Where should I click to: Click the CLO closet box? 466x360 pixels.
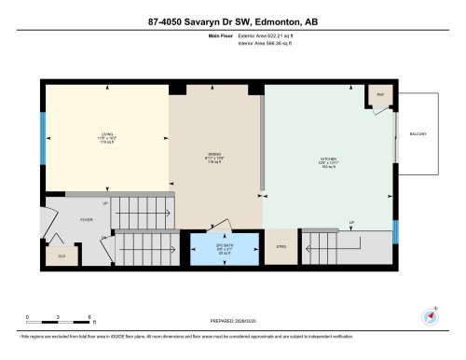tap(62, 253)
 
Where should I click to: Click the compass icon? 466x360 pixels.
tap(430, 316)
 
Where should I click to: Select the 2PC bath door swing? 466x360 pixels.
tap(221, 225)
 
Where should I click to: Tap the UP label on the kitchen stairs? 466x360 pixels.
tap(351, 222)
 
